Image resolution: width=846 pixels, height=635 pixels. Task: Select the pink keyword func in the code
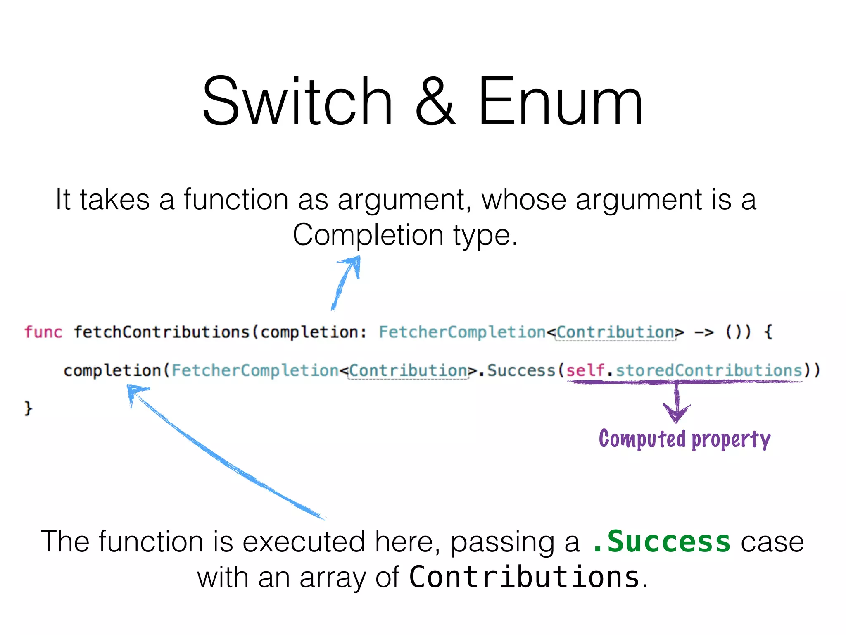tap(43, 332)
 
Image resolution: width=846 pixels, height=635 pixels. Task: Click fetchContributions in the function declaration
tap(162, 332)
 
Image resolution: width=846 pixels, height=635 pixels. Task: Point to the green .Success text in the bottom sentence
tap(661, 542)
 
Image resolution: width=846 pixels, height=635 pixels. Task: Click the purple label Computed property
tap(684, 439)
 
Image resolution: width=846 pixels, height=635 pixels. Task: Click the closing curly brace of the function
tap(28, 408)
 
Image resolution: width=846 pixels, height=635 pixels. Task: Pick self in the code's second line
tap(585, 370)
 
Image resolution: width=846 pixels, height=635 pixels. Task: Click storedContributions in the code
tap(709, 370)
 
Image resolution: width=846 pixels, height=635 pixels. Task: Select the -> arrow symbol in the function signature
tap(704, 332)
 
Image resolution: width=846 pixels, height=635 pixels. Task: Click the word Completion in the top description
tap(368, 235)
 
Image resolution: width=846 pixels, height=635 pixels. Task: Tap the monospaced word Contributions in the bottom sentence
tap(524, 577)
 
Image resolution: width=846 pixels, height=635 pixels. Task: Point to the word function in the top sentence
tap(236, 200)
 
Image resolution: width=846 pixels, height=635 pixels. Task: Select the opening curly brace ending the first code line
tap(768, 332)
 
